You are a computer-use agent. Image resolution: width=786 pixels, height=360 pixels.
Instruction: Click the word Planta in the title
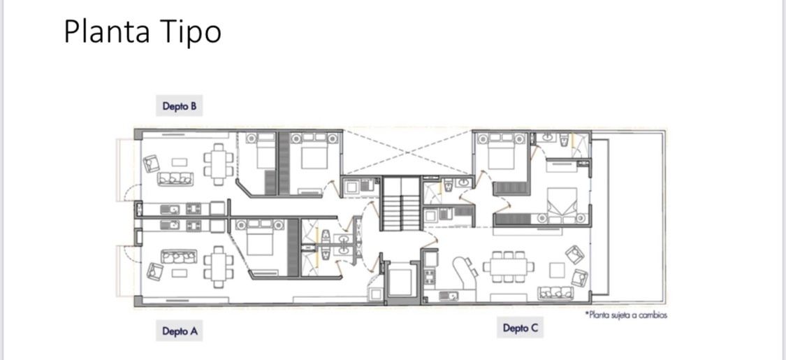point(107,32)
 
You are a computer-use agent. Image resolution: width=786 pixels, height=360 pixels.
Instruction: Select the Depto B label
point(179,106)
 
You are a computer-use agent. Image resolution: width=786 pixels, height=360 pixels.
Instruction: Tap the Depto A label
point(180,331)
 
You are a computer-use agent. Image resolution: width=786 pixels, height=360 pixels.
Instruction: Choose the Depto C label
point(521,329)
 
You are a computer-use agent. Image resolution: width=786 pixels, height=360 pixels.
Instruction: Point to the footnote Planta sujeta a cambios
point(626,315)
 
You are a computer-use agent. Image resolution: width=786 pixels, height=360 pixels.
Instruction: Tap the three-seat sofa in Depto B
point(175,178)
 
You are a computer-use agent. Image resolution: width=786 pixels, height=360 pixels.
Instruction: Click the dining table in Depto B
point(219,164)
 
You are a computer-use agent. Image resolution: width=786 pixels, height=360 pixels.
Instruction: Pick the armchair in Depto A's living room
point(155,271)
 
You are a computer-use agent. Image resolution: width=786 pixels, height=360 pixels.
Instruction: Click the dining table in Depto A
point(219,267)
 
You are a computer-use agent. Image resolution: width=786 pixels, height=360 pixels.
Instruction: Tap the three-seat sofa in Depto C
point(555,293)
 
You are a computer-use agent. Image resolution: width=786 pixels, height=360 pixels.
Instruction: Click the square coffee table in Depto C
point(557,271)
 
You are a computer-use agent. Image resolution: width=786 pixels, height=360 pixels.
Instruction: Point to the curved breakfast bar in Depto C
point(465,273)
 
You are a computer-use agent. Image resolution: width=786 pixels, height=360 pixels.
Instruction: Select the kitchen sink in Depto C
point(449,296)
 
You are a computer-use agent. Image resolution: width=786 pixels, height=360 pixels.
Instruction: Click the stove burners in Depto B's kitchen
point(194,208)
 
